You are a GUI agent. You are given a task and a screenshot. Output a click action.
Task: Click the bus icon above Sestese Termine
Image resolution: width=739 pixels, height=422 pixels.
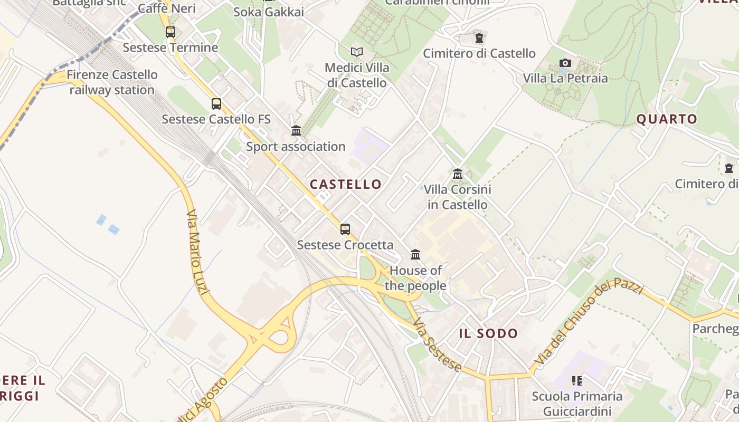pyautogui.click(x=170, y=32)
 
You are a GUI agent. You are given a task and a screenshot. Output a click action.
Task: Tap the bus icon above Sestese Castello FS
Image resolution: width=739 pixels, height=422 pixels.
pyautogui.click(x=216, y=104)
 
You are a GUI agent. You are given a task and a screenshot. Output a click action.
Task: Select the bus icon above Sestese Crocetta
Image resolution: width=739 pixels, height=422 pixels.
pyautogui.click(x=345, y=229)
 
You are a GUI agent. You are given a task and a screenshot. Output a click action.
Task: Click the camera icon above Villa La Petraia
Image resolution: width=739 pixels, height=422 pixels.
pyautogui.click(x=565, y=63)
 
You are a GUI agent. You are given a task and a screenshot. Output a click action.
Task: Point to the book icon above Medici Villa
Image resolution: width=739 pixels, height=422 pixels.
pyautogui.click(x=357, y=52)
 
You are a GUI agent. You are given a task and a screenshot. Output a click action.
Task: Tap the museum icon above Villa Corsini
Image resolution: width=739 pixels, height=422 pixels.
pyautogui.click(x=457, y=174)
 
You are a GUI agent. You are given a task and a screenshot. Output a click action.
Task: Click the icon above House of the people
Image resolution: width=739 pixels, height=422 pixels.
pyautogui.click(x=415, y=255)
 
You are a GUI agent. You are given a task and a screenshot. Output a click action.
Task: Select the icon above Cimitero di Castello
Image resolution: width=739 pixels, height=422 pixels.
pyautogui.click(x=479, y=38)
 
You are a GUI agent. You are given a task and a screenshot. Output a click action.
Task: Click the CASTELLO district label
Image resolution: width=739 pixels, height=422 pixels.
pyautogui.click(x=346, y=184)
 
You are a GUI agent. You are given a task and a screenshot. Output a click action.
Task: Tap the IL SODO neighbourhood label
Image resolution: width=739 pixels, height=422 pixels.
pyautogui.click(x=488, y=333)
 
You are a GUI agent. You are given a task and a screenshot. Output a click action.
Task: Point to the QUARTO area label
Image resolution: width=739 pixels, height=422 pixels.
pyautogui.click(x=667, y=119)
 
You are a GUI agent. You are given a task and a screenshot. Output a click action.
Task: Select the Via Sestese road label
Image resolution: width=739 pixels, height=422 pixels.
pyautogui.click(x=438, y=345)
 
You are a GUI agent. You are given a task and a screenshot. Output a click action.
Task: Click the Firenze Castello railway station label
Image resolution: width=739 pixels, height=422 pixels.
pyautogui.click(x=112, y=82)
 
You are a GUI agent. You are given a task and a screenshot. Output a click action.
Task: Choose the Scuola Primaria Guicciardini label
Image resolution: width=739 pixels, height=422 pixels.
pyautogui.click(x=577, y=404)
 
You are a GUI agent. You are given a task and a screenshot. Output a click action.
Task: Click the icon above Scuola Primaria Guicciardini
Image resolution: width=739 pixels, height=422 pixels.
pyautogui.click(x=576, y=380)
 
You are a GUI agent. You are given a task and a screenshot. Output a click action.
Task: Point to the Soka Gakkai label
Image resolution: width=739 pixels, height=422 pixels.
pyautogui.click(x=268, y=12)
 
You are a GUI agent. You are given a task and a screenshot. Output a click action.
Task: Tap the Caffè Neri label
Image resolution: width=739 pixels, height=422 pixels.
pyautogui.click(x=167, y=8)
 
